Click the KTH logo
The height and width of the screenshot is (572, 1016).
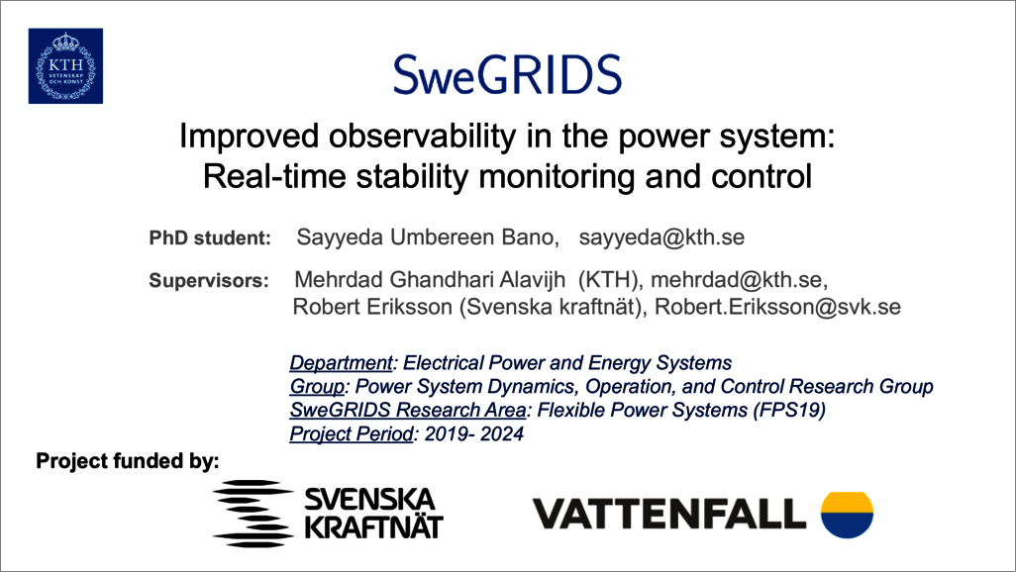pos(65,66)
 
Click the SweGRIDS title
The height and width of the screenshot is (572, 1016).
pos(507,74)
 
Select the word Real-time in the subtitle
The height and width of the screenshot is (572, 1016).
pos(274,176)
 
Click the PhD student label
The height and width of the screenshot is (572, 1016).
pos(210,238)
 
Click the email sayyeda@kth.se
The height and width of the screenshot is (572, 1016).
pos(661,238)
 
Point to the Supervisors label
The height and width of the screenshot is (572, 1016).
pos(209,280)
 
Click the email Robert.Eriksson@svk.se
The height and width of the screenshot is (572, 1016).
pos(777,307)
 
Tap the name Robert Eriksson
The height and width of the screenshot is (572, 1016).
pos(372,307)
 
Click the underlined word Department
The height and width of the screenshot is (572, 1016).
pos(341,363)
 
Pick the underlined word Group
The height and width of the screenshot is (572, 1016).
pos(317,387)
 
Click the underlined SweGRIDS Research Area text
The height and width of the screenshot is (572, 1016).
pos(408,410)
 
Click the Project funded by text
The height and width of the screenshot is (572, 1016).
pos(128,461)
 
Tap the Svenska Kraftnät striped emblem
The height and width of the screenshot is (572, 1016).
pos(253,514)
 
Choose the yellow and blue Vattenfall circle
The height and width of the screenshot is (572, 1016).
pos(847,515)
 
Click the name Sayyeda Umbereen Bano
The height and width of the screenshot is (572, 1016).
pos(428,238)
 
